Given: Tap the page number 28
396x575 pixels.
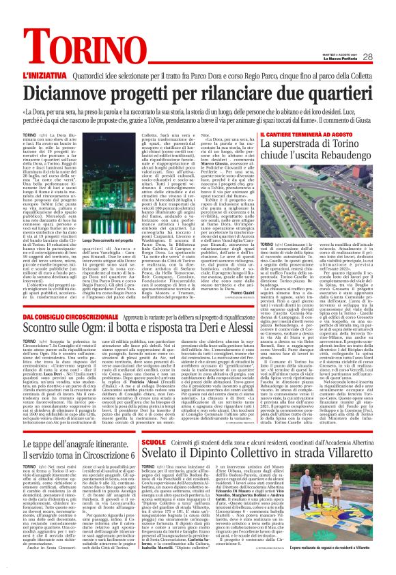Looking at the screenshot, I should pos(367,57).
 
